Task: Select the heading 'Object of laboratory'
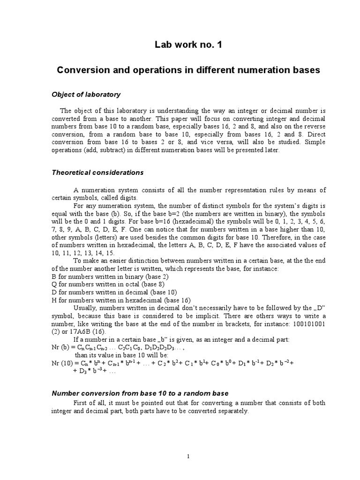(x=86, y=95)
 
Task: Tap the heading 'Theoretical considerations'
(x=97, y=172)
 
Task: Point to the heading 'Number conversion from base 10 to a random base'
(x=140, y=393)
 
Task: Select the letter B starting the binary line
(x=53, y=277)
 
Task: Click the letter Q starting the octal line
(x=53, y=285)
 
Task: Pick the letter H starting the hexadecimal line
(x=53, y=300)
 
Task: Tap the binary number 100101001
(x=307, y=323)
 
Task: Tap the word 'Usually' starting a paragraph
(x=85, y=308)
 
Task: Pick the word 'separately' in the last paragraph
(x=231, y=411)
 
